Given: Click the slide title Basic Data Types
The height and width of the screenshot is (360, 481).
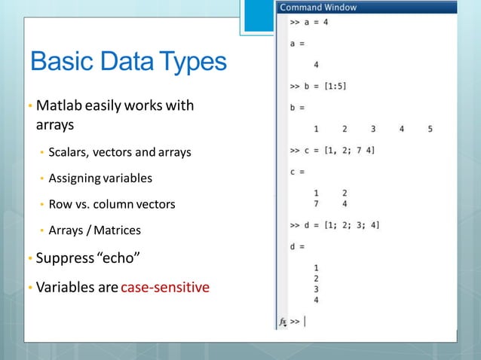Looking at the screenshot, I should [128, 61].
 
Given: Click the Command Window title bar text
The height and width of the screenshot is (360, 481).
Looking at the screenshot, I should [318, 8].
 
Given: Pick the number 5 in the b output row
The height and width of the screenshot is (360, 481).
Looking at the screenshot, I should [430, 129].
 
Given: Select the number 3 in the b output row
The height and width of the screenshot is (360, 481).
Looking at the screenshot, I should [372, 129].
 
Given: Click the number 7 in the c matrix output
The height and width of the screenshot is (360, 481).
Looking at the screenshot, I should [316, 203].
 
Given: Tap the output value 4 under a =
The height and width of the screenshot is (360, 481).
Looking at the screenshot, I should [316, 65].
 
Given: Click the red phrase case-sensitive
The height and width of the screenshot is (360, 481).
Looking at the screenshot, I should [165, 287].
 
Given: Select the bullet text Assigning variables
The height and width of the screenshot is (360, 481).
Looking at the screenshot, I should [100, 178].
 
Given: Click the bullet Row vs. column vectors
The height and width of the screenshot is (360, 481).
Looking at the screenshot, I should [112, 204].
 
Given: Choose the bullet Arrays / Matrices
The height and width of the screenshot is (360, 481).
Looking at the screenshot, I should [94, 230].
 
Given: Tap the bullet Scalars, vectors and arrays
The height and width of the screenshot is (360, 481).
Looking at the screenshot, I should [120, 152].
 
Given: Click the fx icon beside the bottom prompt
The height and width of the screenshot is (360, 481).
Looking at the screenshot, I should [283, 322].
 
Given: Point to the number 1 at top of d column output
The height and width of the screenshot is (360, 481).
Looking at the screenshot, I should [316, 267].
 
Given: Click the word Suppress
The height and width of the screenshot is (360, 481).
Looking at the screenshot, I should [63, 259].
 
